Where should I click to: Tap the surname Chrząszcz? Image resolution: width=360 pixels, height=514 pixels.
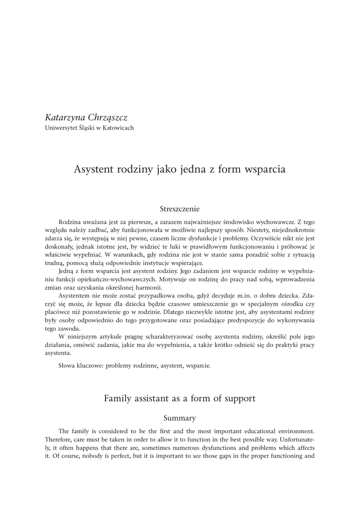(109, 118)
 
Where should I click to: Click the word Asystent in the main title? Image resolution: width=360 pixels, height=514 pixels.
(94, 169)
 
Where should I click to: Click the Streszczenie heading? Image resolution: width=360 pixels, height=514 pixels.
(180, 208)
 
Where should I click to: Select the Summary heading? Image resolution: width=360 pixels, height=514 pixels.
(180, 418)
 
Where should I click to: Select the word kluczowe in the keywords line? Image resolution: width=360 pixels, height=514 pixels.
(90, 366)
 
